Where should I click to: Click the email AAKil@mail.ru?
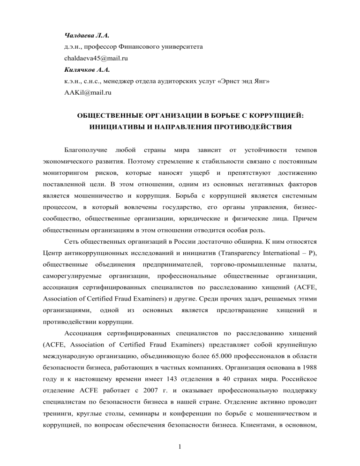pos(88,82)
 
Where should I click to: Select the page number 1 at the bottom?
pos(180,446)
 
